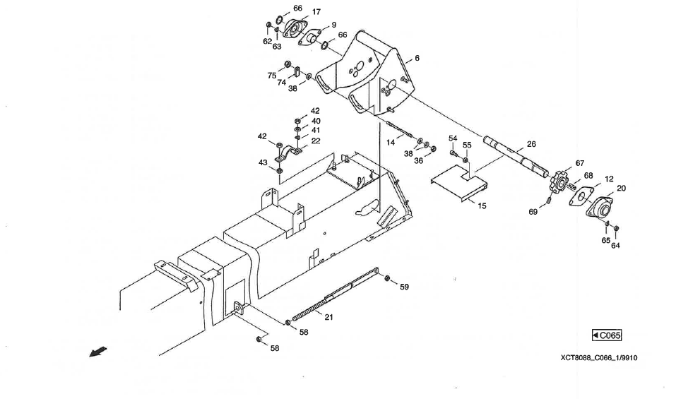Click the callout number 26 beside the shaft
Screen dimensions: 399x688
(531, 144)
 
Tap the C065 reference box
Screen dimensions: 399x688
(607, 335)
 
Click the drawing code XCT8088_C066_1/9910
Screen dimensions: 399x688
(598, 357)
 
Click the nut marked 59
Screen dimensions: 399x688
(388, 279)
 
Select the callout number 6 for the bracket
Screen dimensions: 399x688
(417, 59)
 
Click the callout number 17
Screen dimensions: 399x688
(316, 12)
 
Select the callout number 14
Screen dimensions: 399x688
(390, 143)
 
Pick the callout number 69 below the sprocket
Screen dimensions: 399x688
(533, 211)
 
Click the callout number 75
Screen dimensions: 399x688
(272, 75)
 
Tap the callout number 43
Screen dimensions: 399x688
(263, 163)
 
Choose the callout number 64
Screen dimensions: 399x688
(615, 246)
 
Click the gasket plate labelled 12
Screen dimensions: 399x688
(583, 197)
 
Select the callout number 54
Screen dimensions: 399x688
(453, 138)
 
